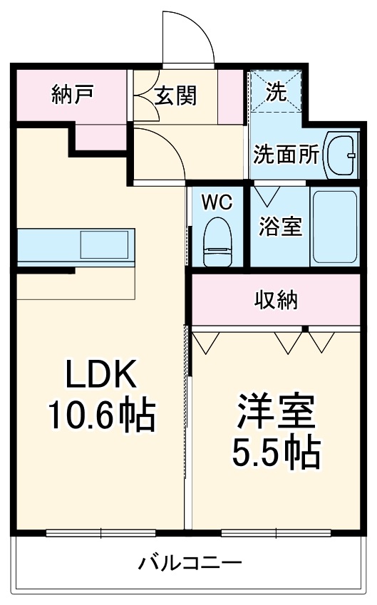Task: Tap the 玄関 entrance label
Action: point(176,94)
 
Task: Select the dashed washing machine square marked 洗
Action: point(276,93)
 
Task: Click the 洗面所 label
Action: point(286,154)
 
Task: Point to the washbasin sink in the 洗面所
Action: point(343,154)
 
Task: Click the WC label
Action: point(217,202)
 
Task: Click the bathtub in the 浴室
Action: point(334,227)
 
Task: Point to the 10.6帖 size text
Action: point(100,415)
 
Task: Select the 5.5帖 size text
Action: point(276,450)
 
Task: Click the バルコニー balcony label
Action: point(190,563)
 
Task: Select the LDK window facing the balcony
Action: point(100,532)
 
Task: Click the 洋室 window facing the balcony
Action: point(276,532)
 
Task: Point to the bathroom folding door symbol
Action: point(268,194)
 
